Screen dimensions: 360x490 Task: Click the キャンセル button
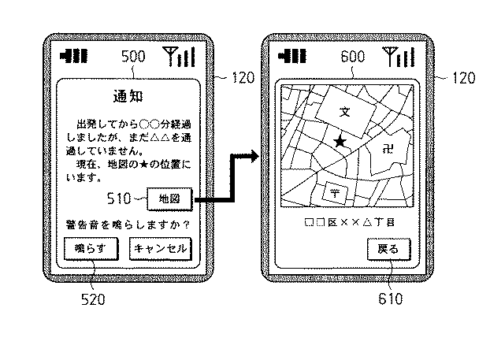pyautogui.click(x=161, y=249)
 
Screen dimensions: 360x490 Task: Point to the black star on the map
pyautogui.click(x=340, y=141)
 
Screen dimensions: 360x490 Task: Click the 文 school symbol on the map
pyautogui.click(x=343, y=109)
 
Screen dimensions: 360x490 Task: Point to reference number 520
pyautogui.click(x=93, y=299)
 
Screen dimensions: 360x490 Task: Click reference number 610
pyautogui.click(x=390, y=299)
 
